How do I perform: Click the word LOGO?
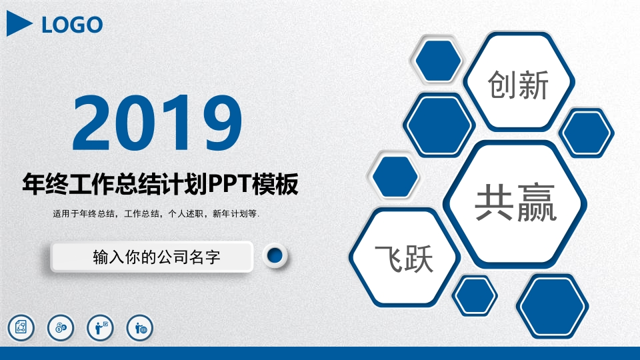[72, 25]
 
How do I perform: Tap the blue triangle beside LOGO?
[19, 25]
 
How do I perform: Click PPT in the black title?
[231, 184]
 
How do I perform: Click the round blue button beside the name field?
[274, 255]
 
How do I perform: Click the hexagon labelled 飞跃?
[404, 259]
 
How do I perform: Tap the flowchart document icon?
[20, 327]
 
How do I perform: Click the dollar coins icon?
[60, 327]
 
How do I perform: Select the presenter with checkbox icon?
[101, 327]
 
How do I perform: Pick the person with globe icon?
[141, 327]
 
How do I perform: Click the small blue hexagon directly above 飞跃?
[395, 177]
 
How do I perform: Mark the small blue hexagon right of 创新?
[587, 133]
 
